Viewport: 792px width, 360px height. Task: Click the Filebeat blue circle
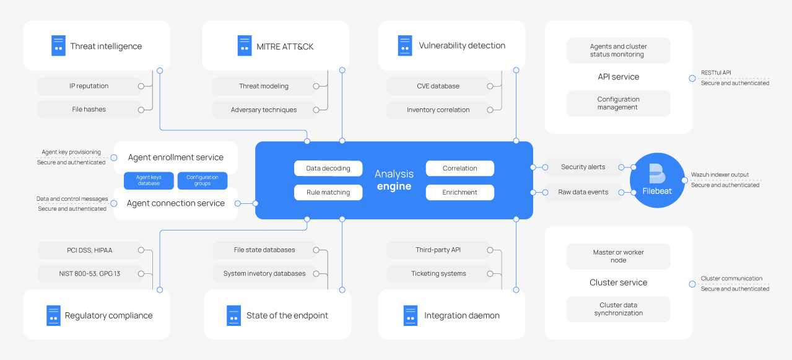[657, 180]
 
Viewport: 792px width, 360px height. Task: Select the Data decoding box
[328, 168]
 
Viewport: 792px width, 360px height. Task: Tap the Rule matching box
[328, 192]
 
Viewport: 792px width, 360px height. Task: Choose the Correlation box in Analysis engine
[459, 168]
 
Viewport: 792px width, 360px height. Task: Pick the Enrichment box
[459, 192]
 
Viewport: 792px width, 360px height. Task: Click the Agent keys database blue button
[149, 180]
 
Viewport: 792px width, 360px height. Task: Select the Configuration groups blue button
[202, 180]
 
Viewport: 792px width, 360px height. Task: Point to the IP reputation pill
[89, 86]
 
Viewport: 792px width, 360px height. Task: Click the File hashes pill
[89, 109]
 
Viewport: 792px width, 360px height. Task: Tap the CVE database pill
[438, 86]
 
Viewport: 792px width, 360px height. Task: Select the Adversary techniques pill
[264, 110]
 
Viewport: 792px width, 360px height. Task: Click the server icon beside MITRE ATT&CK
[245, 46]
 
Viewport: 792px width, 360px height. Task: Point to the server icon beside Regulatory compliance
[54, 315]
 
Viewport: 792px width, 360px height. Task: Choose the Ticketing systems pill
[438, 273]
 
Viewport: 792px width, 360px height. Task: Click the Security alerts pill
[583, 167]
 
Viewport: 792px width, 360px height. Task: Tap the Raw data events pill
[583, 192]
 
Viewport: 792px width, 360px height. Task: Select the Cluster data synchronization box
[618, 309]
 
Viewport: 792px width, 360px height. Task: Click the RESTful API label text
[716, 73]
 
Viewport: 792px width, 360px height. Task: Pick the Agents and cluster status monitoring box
[618, 50]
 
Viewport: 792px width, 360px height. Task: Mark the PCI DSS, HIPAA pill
[90, 250]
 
